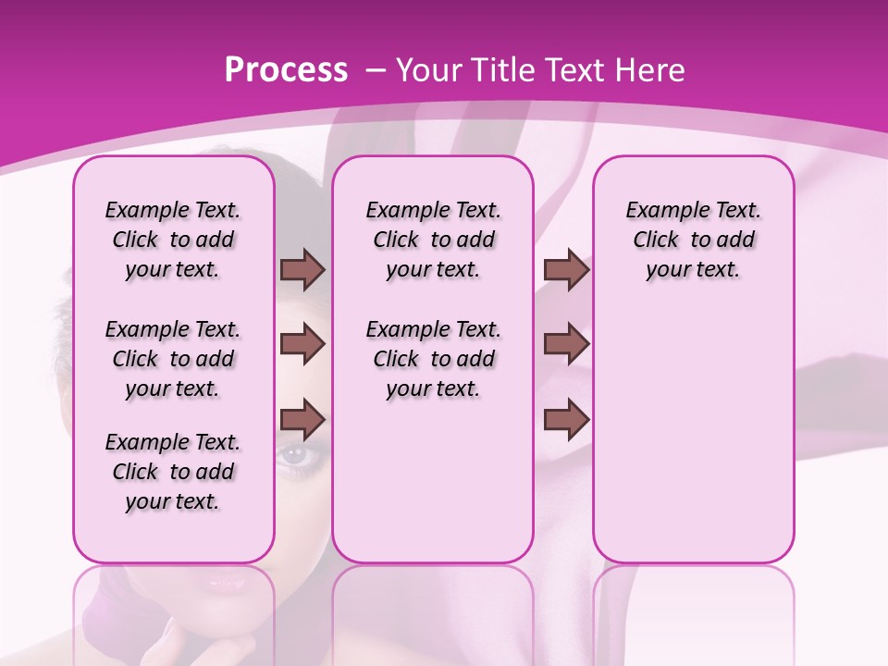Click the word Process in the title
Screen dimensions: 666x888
pos(286,70)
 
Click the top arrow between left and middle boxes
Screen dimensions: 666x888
pos(302,269)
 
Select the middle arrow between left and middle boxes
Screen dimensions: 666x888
pos(302,344)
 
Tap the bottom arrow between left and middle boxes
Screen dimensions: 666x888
pos(302,420)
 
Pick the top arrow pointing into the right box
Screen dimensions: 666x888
pos(566,269)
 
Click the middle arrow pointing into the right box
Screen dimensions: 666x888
pos(566,344)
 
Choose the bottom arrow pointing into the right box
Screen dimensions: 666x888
pos(566,420)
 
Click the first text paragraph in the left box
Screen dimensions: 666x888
pos(173,240)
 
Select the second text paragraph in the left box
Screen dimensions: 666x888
pos(173,359)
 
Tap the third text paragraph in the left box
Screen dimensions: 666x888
pos(173,472)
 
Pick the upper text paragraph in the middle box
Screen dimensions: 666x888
pos(433,240)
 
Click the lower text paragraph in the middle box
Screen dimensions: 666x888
pos(433,359)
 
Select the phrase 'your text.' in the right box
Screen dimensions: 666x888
pos(693,270)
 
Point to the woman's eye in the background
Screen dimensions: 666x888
pos(293,454)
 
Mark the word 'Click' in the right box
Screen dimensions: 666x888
pos(656,240)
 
